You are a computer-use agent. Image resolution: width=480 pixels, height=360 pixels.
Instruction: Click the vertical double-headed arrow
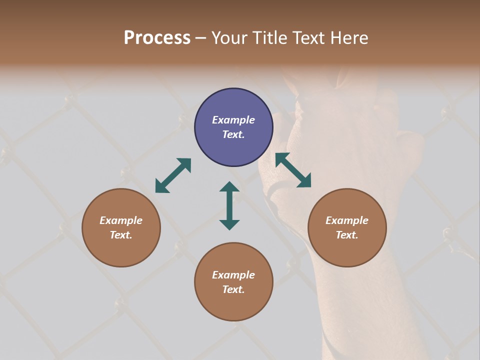(229, 205)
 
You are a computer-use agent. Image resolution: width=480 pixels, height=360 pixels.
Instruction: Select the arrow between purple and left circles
(173, 175)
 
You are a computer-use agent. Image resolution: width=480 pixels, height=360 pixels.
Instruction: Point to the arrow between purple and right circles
(293, 170)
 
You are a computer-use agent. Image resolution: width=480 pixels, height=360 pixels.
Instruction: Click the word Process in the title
(157, 37)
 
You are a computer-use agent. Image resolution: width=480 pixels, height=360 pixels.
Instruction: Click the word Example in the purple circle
(233, 120)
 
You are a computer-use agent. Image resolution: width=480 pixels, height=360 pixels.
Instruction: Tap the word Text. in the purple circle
(233, 134)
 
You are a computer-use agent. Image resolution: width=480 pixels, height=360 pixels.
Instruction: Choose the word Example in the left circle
(121, 220)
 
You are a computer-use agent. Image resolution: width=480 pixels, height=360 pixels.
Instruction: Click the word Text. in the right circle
(347, 235)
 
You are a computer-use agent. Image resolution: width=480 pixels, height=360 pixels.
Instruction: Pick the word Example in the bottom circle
(233, 275)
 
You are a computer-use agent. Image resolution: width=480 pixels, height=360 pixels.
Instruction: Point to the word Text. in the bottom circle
(233, 289)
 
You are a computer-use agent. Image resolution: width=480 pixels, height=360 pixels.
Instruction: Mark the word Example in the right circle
(347, 220)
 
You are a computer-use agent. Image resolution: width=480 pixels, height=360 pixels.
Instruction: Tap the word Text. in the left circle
(121, 235)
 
